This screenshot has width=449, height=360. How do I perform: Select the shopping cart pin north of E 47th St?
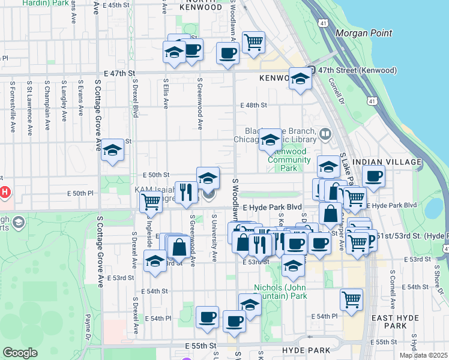tap(253, 42)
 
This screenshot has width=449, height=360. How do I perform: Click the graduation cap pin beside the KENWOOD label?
tap(300, 79)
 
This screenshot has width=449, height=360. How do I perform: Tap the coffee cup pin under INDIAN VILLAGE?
tap(373, 176)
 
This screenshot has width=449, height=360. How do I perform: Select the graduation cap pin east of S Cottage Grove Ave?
tap(112, 151)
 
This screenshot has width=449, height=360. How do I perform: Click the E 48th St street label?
tap(253, 105)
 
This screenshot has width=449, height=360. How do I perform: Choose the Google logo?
tap(20, 353)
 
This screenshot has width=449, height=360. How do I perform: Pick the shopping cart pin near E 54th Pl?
tap(351, 299)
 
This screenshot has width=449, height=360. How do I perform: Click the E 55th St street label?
tap(200, 346)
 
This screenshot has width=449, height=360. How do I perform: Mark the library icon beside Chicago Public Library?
tap(325, 133)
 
